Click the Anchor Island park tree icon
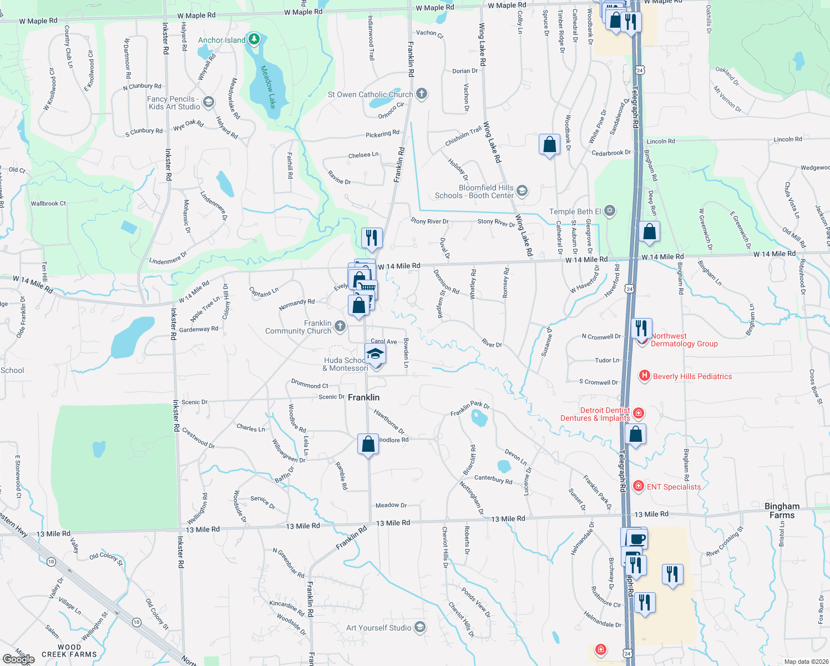tap(254, 39)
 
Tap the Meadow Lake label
tap(269, 87)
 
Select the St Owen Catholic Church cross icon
tap(422, 93)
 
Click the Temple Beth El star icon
tap(610, 211)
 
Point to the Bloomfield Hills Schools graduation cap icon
tap(522, 191)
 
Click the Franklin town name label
tap(363, 397)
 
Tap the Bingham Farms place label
tap(782, 511)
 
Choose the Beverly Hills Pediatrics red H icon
tap(644, 376)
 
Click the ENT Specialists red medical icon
tap(639, 486)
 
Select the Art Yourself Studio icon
tap(420, 627)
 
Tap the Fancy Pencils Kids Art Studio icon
tap(209, 102)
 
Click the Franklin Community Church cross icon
tap(340, 326)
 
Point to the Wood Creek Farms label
tap(69, 650)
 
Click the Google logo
tap(18, 659)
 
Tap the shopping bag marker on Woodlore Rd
tap(368, 444)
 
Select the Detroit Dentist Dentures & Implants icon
tap(639, 413)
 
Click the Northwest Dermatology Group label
tap(684, 340)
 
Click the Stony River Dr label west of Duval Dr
tap(429, 221)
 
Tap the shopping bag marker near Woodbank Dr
tap(549, 145)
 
